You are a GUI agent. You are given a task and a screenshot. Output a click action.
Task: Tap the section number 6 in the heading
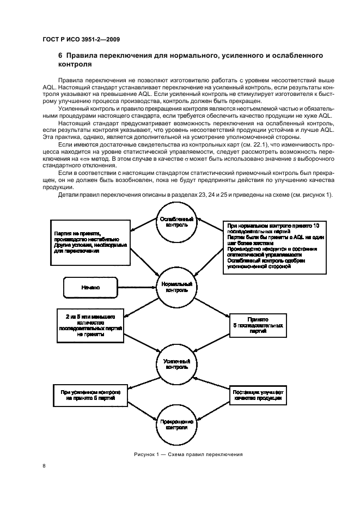(x=60, y=56)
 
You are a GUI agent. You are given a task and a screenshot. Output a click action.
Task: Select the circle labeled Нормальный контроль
(x=176, y=287)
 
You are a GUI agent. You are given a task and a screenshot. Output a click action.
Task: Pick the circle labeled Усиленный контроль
(x=176, y=364)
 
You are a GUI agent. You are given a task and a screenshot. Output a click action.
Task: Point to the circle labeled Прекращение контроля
(x=176, y=424)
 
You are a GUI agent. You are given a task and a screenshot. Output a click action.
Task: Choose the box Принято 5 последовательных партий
(x=257, y=326)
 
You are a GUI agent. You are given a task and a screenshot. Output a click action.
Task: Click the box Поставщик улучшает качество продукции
(x=258, y=395)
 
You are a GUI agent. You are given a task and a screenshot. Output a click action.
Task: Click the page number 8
(x=45, y=466)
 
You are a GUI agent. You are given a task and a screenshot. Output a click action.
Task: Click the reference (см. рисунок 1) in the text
(x=308, y=195)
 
